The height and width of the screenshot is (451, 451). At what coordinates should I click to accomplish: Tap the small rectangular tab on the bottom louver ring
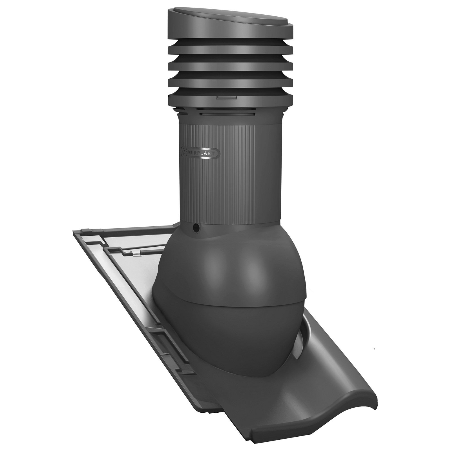point(227,97)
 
